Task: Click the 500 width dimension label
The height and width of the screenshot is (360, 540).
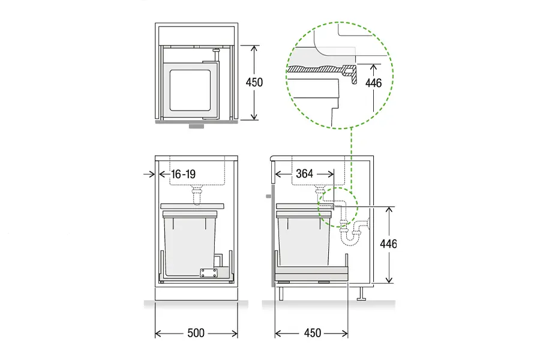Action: coord(196,333)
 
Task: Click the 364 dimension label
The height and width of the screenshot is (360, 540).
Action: coord(304,173)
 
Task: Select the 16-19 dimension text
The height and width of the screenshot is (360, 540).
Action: coord(183,174)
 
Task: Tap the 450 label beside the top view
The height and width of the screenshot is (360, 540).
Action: coord(254,82)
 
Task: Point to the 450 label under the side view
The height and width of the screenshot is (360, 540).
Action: coord(313,333)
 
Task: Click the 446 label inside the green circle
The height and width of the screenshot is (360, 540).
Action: coord(373,83)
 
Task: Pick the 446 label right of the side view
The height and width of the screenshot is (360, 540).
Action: coord(388,244)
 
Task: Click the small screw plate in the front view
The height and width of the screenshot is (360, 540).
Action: coord(209,273)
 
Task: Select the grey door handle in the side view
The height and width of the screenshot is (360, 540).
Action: coord(269,196)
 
